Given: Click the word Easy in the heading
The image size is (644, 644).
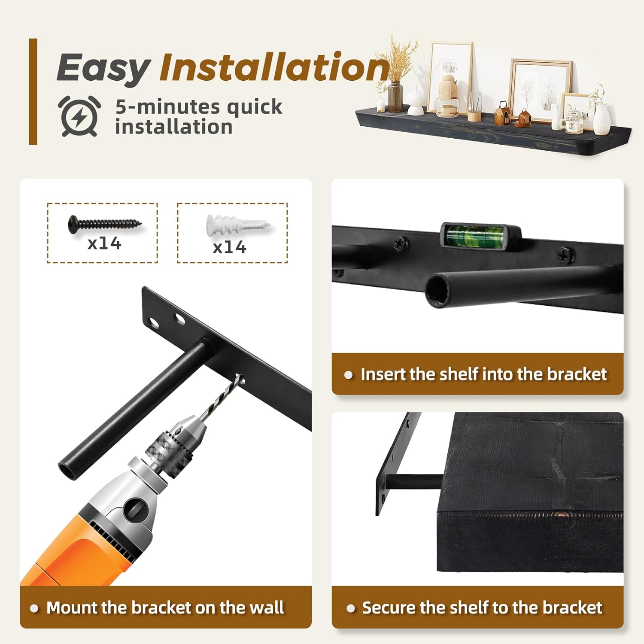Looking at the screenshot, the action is pos(103,68).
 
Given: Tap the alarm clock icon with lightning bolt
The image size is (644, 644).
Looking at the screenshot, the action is pos(79,116).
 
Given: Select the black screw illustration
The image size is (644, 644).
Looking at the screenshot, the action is pos(105,224).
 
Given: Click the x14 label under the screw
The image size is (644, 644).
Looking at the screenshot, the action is pos(104,243).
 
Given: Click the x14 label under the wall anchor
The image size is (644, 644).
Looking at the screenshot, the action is pos(230,247).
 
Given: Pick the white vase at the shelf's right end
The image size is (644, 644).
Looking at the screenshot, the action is pos(602,118).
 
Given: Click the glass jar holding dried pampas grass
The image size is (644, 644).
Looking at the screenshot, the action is pos(395,97).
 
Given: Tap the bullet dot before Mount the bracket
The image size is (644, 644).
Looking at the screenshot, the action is pos(34,608).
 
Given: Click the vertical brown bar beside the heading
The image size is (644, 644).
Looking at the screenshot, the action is pos(33,91).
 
